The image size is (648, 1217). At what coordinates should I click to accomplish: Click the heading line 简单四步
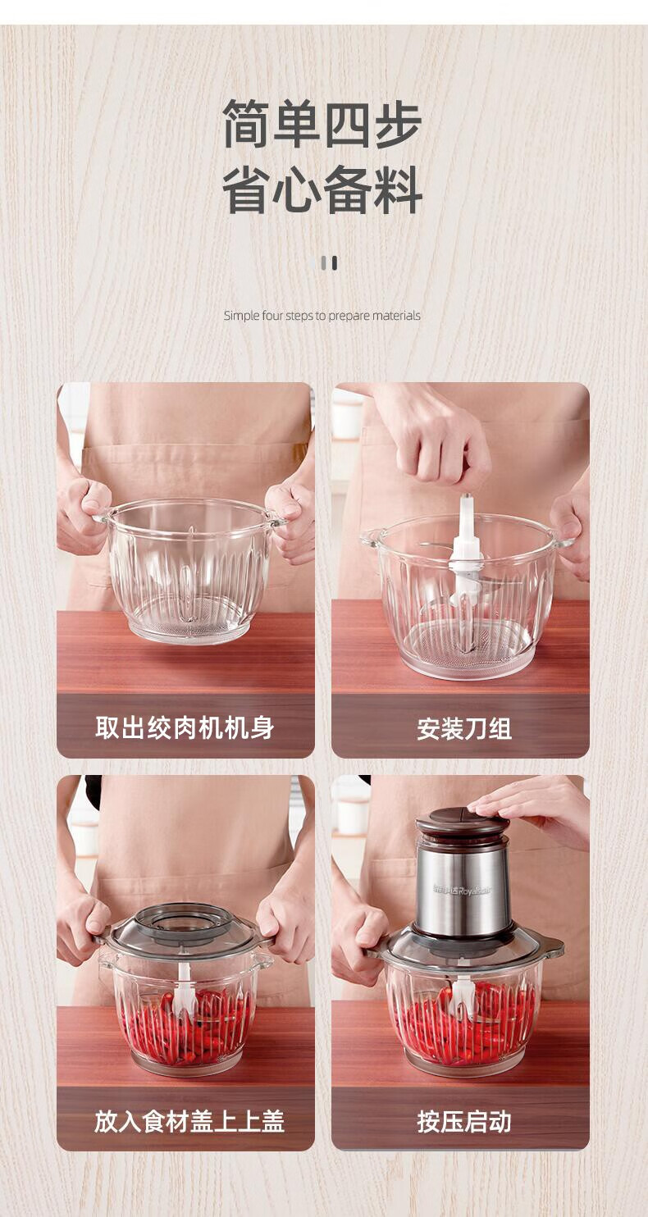pyautogui.click(x=322, y=123)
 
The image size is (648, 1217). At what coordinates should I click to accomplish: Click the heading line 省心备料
pyautogui.click(x=322, y=189)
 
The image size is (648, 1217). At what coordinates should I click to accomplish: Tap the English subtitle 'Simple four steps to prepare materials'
pyautogui.click(x=322, y=315)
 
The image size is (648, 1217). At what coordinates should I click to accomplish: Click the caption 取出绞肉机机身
pyautogui.click(x=185, y=727)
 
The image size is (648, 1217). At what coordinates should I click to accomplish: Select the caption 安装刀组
pyautogui.click(x=464, y=728)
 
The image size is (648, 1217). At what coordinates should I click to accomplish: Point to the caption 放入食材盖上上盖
pyautogui.click(x=189, y=1121)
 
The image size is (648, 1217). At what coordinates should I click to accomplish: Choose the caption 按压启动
pyautogui.click(x=464, y=1121)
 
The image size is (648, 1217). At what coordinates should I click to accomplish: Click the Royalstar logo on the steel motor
pyautogui.click(x=462, y=890)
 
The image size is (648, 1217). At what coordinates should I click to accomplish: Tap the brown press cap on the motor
pyautogui.click(x=462, y=823)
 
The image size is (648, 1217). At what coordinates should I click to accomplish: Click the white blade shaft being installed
pyautogui.click(x=463, y=549)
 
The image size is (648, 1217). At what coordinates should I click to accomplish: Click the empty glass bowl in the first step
pyautogui.click(x=189, y=571)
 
